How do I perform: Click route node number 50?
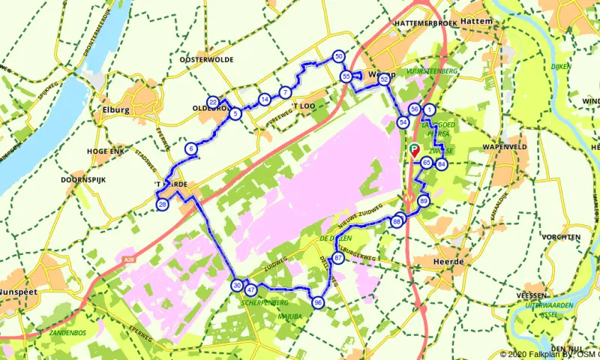click(x=338, y=57)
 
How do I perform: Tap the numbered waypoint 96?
click(x=318, y=302)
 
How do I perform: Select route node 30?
click(x=237, y=285)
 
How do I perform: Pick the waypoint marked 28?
click(x=162, y=205)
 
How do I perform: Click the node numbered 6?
click(x=192, y=149)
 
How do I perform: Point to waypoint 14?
click(x=264, y=99)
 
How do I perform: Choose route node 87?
click(x=338, y=258)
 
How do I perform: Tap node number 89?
click(x=424, y=201)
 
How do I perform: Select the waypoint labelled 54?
click(x=403, y=122)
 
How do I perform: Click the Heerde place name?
click(x=448, y=262)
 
